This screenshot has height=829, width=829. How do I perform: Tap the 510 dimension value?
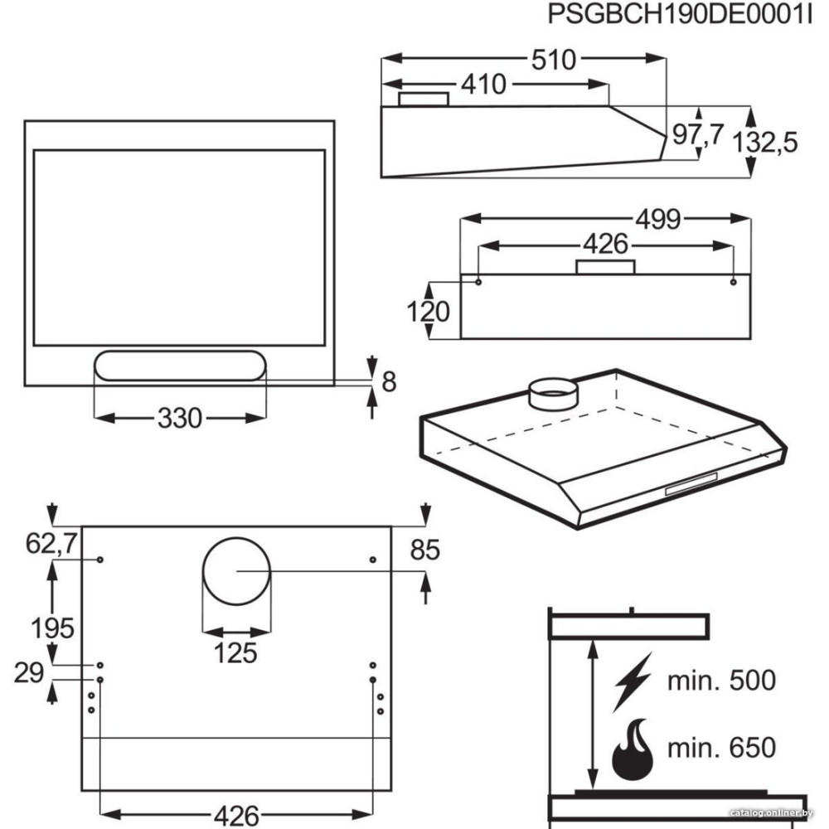point(553,60)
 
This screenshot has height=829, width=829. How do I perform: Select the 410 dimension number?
point(482,84)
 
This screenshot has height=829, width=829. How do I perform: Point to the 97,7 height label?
point(697,135)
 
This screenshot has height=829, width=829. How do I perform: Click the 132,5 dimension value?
point(764,142)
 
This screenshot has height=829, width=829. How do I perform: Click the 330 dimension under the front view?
point(179,419)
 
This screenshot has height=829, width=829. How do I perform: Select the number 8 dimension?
point(389,381)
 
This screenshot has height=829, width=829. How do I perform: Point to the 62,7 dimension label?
point(51,544)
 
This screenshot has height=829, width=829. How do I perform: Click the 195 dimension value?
point(51,628)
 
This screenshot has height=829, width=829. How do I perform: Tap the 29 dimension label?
point(30,673)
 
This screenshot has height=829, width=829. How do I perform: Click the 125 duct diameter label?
point(237,652)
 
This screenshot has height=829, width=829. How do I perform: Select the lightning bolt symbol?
point(632,681)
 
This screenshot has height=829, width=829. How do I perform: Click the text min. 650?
point(721,747)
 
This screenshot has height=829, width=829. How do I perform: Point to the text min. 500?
point(721,681)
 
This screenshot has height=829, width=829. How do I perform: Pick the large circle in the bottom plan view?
point(236,571)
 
